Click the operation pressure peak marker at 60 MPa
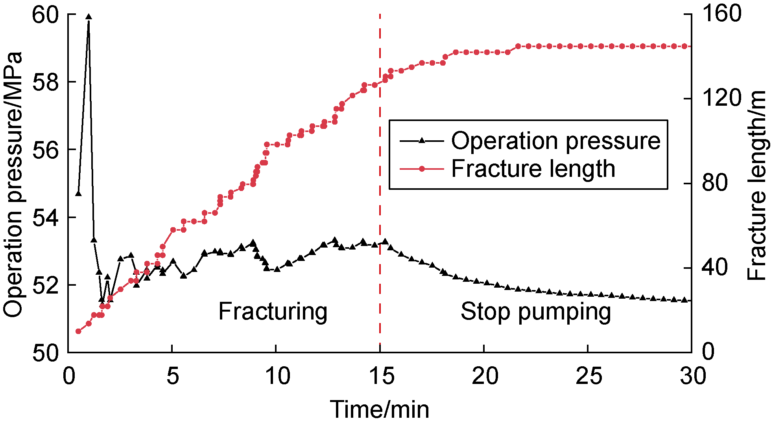coord(89,17)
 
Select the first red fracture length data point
coord(78,331)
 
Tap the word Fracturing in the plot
coord(273,312)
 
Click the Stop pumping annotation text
coord(535,312)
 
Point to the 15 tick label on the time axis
coord(381,376)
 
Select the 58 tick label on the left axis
coord(45,83)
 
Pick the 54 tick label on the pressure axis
coord(45,218)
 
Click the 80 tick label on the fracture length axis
coord(714,183)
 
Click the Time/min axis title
coord(379,409)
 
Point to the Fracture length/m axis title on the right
coord(757,185)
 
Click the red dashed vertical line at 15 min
coord(380,196)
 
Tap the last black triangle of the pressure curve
coord(684,300)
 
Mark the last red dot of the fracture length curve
coord(684,46)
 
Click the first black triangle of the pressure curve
coord(78,193)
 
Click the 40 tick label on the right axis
coord(714,268)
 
